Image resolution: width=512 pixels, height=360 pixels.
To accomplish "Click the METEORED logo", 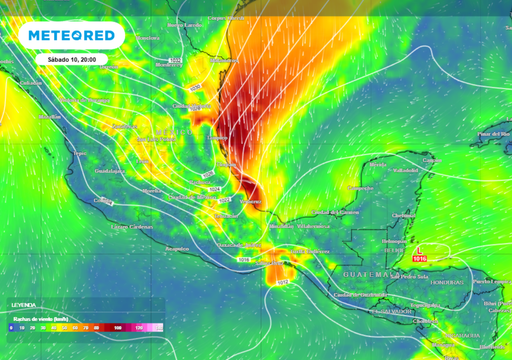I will [x=70, y=35].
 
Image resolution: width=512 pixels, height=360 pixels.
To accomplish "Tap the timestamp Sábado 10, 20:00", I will [x=70, y=60].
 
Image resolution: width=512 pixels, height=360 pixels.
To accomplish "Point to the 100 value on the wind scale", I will [x=117, y=327].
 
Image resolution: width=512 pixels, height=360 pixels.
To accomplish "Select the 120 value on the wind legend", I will [x=139, y=327].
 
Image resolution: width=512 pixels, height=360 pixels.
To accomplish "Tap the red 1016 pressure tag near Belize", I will [x=419, y=258].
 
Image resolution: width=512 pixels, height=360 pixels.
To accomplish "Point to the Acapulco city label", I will [x=177, y=248].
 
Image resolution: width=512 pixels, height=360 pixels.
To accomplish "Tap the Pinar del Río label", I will [x=489, y=133].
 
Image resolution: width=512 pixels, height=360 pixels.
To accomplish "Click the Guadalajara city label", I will [x=86, y=171].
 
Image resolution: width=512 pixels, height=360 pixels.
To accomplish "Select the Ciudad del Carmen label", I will [x=333, y=212].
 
